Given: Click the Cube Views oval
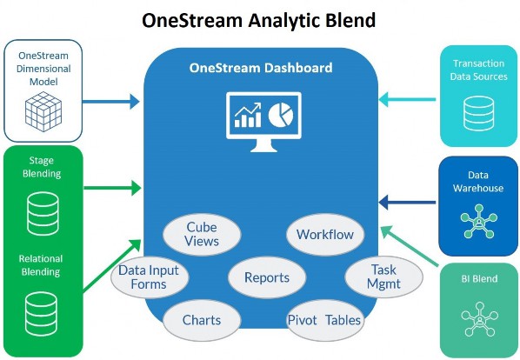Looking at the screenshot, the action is [202, 234].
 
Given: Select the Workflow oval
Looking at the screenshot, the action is [325, 235].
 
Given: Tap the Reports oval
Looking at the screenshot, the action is [267, 277].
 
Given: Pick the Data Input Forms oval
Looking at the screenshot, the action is [150, 277].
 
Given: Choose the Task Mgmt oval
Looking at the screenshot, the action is [383, 277].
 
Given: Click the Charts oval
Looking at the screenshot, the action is [202, 320].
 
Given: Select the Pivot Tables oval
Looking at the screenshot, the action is [325, 320].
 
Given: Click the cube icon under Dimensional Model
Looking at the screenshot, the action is [43, 111].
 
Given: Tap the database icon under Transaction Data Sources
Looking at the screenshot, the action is [478, 113].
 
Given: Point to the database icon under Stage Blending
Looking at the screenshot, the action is [43, 214].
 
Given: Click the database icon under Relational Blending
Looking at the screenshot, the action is [41, 314].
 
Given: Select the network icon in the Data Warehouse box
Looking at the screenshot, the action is [479, 221].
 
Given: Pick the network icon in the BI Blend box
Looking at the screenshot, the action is [479, 319].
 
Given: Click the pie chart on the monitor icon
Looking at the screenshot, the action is [281, 115].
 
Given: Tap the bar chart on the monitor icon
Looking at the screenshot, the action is [248, 115].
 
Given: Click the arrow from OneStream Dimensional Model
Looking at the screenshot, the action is [110, 102].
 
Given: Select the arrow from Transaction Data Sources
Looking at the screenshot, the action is [407, 99].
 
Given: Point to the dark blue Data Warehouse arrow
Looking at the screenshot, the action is [407, 203].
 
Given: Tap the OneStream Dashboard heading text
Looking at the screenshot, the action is [261, 68].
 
